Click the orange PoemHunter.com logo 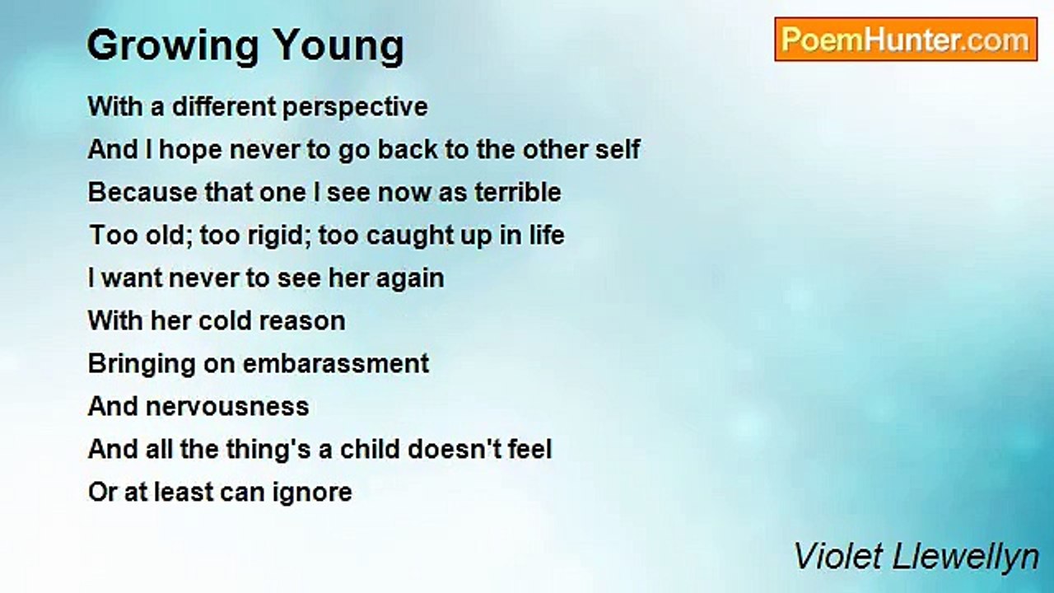906,39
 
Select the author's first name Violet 839,556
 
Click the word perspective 355,108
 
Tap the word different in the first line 224,106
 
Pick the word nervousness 227,408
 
